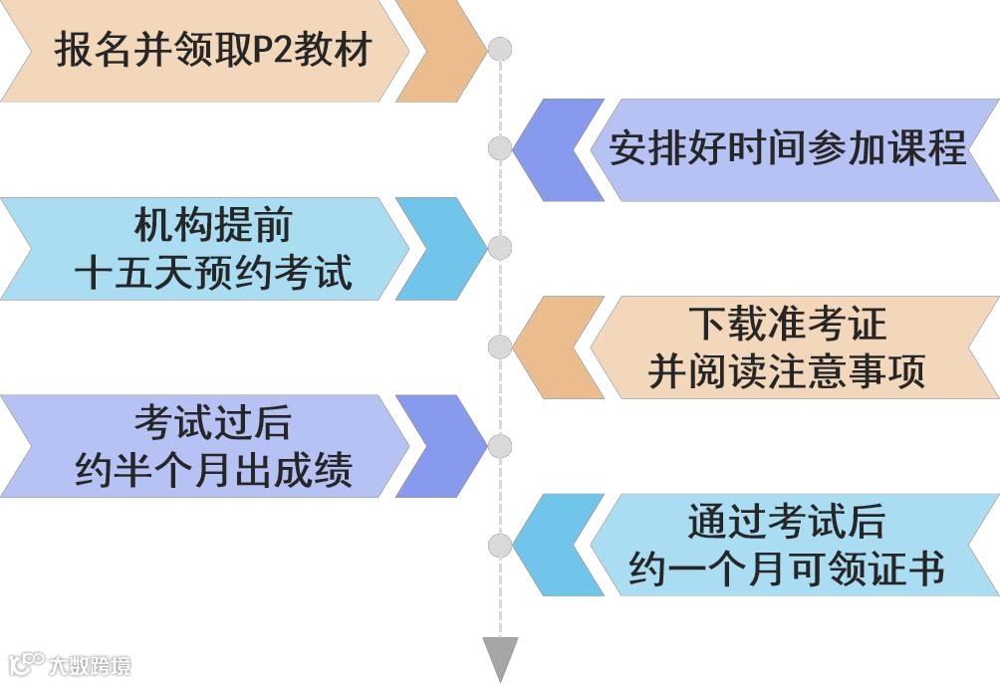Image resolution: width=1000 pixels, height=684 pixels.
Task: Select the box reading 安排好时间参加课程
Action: tap(787, 148)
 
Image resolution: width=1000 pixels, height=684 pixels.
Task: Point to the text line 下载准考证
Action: tap(787, 325)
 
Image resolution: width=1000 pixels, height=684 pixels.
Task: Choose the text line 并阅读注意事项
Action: tap(787, 371)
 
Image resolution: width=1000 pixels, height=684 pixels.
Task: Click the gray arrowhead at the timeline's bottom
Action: tap(500, 658)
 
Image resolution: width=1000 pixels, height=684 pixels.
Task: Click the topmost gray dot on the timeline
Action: tap(500, 49)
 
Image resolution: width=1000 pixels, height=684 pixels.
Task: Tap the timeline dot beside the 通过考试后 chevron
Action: tap(500, 545)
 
